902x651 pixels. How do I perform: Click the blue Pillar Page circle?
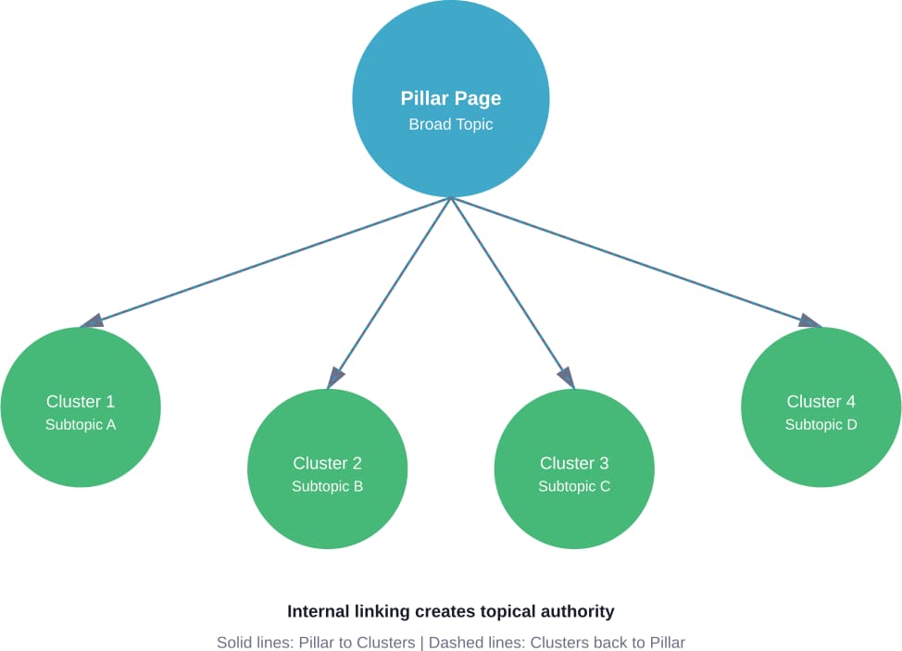[x=451, y=99]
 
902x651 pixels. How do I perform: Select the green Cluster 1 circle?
[x=81, y=407]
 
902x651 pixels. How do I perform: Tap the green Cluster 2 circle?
[x=327, y=469]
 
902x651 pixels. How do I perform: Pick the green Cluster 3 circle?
[x=574, y=469]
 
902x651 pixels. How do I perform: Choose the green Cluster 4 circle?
[x=821, y=407]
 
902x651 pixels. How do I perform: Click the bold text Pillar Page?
[x=451, y=98]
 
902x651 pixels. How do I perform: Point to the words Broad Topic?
[x=451, y=124]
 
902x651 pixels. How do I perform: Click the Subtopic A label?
[x=81, y=424]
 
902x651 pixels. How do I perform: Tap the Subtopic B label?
[x=327, y=486]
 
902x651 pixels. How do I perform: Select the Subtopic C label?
[x=574, y=486]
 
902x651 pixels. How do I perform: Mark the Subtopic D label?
[x=821, y=424]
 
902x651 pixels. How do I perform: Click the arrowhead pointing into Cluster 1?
[x=92, y=321]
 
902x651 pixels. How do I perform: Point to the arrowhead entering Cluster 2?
[x=335, y=377]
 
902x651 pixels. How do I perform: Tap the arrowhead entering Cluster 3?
[x=567, y=377]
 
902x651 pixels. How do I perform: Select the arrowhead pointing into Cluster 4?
[x=810, y=321]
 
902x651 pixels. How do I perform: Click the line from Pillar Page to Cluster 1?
[x=266, y=262]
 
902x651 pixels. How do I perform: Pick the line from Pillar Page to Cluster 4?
[x=636, y=262]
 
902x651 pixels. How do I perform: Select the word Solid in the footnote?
[x=233, y=643]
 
